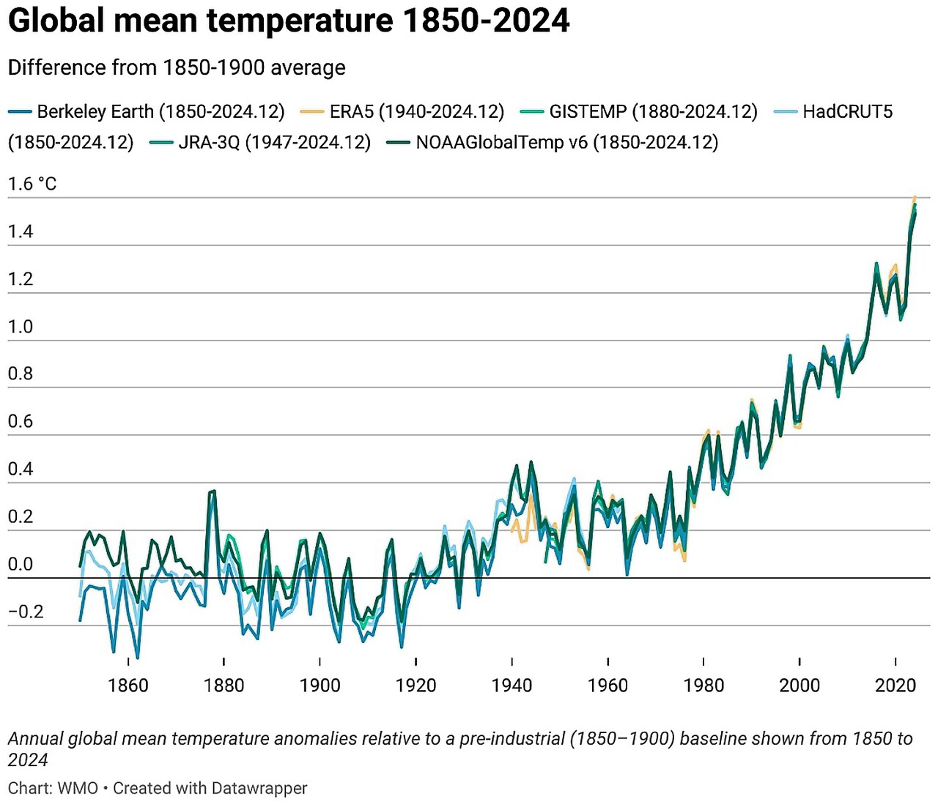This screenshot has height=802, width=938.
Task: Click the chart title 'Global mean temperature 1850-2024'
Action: click(x=288, y=21)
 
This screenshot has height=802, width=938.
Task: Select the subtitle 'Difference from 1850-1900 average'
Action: click(x=177, y=67)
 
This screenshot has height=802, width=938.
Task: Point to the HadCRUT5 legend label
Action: click(x=847, y=111)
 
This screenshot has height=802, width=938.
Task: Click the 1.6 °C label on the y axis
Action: click(x=32, y=184)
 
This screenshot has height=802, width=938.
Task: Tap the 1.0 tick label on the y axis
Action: click(x=21, y=327)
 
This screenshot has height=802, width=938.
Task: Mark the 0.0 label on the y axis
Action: click(x=21, y=564)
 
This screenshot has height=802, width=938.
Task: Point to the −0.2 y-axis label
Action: click(x=26, y=612)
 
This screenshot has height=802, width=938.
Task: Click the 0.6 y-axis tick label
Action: click(x=21, y=421)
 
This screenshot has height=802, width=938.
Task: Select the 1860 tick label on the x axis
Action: click(x=128, y=686)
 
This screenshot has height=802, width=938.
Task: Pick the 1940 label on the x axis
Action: click(x=512, y=686)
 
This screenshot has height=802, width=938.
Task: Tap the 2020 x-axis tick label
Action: click(x=895, y=686)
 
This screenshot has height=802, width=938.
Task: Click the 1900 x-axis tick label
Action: click(x=320, y=686)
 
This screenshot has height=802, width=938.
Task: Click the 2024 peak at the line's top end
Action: click(x=915, y=198)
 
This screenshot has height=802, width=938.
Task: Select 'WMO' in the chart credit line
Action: click(x=78, y=788)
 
